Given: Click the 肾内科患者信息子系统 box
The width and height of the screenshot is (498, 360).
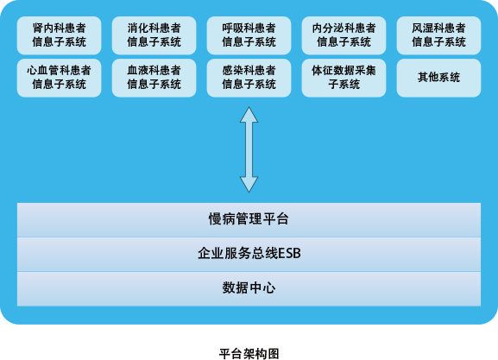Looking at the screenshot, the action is click(59, 35).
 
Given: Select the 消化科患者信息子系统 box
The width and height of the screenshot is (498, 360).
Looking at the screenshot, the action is click(154, 35).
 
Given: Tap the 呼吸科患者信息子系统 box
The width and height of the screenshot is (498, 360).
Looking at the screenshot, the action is click(249, 35).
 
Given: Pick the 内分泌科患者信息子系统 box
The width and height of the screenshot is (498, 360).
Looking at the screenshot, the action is click(344, 35).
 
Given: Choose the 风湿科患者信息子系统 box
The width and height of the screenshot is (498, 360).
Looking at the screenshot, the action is click(438, 35).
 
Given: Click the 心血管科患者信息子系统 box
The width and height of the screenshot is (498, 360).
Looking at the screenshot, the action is click(59, 78).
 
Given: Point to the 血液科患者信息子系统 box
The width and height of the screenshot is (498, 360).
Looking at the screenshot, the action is click(154, 78).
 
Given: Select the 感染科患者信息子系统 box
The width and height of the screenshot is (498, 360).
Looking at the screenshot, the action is click(249, 78).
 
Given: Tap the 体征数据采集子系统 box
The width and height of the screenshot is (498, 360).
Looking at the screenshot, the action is click(344, 78).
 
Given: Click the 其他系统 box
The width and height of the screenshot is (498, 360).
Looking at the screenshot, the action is click(438, 78).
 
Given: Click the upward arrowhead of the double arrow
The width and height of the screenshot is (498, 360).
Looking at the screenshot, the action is click(249, 115).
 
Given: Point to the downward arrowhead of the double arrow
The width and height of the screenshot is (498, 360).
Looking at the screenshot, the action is click(249, 184).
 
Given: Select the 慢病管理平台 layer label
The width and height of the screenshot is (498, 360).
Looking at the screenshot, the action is click(249, 219).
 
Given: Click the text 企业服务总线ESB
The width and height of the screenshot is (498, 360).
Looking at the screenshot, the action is click(249, 253).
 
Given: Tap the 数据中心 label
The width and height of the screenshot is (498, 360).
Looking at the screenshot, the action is click(249, 287).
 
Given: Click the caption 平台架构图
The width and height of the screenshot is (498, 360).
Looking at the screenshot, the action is click(249, 354).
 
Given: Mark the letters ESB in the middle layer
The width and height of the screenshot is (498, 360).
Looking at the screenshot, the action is click(289, 254).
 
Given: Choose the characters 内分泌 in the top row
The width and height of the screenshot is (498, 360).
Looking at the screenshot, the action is click(328, 28).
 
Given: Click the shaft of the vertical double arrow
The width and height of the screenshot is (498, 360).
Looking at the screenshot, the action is click(249, 149).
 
